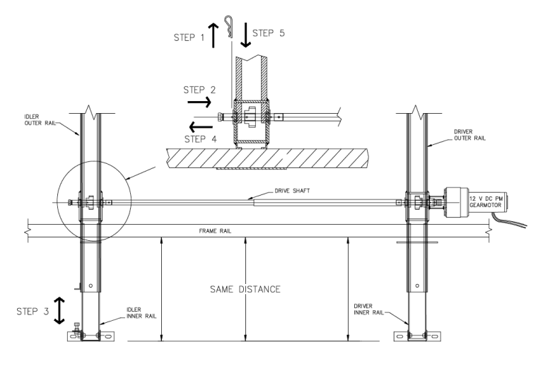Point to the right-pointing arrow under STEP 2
[204, 103]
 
